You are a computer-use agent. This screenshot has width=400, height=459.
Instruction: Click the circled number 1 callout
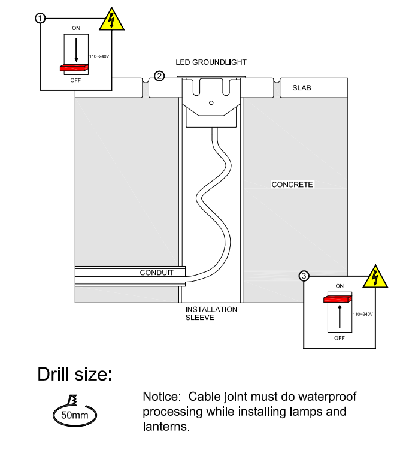[41, 18]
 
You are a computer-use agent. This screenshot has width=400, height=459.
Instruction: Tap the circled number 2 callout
[159, 76]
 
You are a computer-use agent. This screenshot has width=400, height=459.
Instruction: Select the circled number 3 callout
[304, 276]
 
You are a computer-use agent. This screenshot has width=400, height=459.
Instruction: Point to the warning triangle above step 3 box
[375, 276]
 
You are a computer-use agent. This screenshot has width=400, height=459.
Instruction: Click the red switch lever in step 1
[74, 68]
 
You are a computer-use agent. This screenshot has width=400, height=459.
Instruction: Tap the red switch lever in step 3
[338, 298]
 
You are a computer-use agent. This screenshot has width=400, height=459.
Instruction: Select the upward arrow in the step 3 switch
[340, 316]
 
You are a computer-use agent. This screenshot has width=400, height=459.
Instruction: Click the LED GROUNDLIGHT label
[211, 62]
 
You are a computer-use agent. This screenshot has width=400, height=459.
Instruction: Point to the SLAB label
[302, 88]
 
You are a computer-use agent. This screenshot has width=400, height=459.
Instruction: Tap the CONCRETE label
[292, 185]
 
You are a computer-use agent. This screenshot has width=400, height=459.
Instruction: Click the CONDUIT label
[156, 273]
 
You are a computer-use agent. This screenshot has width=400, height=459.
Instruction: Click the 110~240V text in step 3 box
[363, 314]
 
